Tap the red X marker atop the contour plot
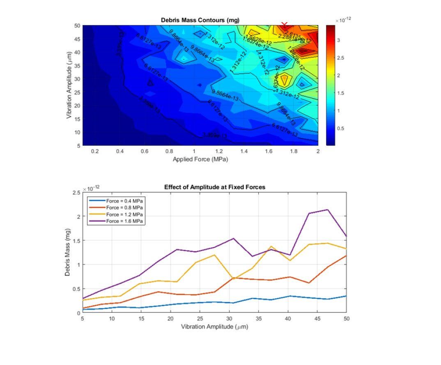(x=284, y=25)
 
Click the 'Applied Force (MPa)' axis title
(x=200, y=159)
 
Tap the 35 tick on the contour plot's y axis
(x=77, y=65)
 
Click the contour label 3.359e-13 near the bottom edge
(x=215, y=135)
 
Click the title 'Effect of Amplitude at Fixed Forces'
(x=214, y=187)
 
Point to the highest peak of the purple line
(x=327, y=210)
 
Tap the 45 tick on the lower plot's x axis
(x=317, y=319)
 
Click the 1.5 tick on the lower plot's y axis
(x=77, y=240)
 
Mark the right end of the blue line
(x=346, y=296)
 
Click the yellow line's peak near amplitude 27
(x=215, y=255)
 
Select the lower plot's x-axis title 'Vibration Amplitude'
(x=214, y=327)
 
